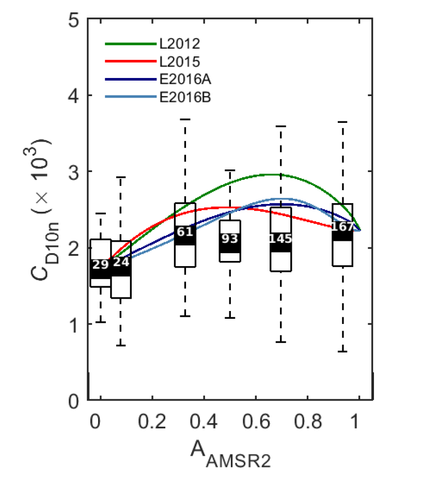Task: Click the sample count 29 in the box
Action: [x=101, y=265]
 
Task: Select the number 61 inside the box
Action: [x=185, y=232]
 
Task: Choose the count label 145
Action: [x=280, y=239]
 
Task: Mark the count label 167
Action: [x=343, y=227]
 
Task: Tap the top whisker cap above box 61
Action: [x=185, y=119]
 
